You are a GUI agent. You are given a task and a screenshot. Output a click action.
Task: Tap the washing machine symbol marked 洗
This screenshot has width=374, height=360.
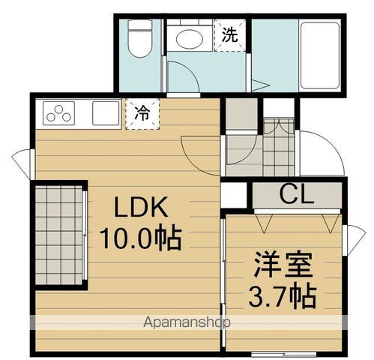[x=231, y=34]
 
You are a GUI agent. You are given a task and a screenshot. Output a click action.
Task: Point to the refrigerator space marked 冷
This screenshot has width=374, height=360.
[x=140, y=114]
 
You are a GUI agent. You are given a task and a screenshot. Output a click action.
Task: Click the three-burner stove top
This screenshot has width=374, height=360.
[x=59, y=114]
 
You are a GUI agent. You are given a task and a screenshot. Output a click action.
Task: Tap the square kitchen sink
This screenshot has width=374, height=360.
[x=105, y=113]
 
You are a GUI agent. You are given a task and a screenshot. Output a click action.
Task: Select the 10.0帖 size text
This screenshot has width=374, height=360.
[x=140, y=238]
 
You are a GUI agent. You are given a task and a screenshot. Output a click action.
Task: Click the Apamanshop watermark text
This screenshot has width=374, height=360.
[x=188, y=322]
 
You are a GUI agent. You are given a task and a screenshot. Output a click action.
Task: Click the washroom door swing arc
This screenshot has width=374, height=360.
[x=180, y=75]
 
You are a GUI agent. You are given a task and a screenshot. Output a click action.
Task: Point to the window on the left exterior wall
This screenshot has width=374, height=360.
[x=22, y=161]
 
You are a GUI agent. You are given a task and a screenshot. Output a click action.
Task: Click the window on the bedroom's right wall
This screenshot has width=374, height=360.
[x=356, y=240]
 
